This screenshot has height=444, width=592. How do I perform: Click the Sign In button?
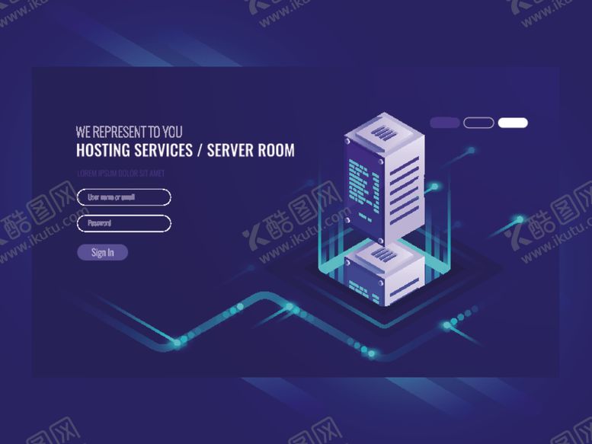(x=102, y=253)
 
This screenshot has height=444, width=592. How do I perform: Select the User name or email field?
(x=124, y=197)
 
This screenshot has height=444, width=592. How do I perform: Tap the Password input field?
(x=124, y=223)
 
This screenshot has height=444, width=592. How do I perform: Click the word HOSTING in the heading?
(x=101, y=150)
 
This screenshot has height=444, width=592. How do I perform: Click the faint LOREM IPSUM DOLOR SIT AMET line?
(x=120, y=173)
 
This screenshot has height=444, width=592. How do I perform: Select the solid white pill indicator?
(x=513, y=123)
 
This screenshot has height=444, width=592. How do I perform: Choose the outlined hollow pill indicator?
(x=478, y=123)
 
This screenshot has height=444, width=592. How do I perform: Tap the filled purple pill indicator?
(x=445, y=123)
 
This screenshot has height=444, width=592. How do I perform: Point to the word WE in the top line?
(x=83, y=133)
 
